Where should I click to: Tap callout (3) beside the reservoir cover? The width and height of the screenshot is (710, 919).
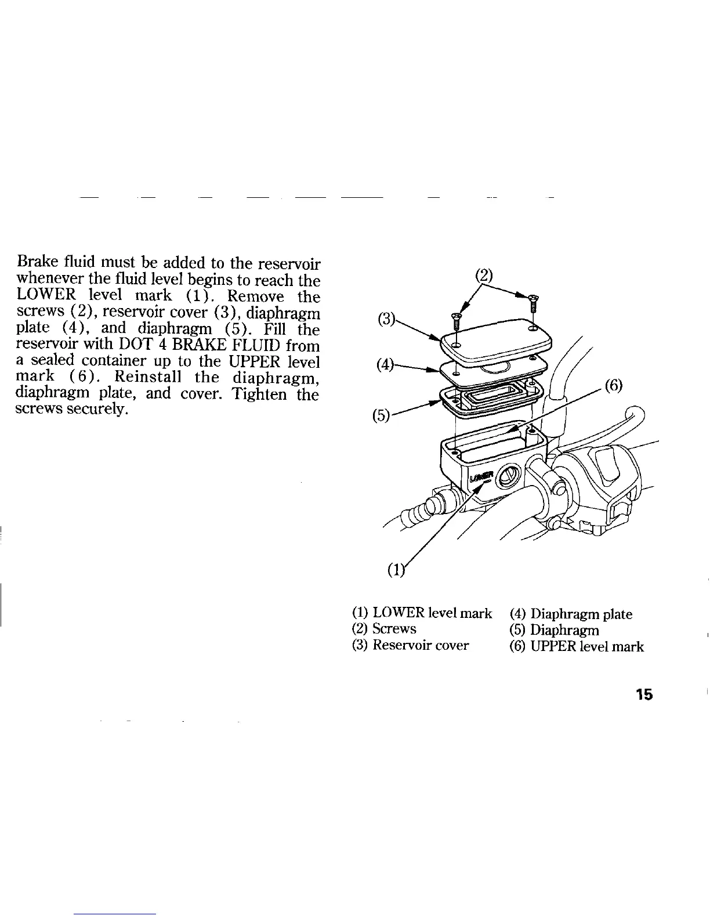385,320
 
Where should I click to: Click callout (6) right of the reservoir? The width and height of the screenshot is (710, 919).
614,385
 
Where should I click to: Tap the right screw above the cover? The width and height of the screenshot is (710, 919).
534,302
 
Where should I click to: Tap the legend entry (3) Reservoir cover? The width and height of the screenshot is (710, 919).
411,645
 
